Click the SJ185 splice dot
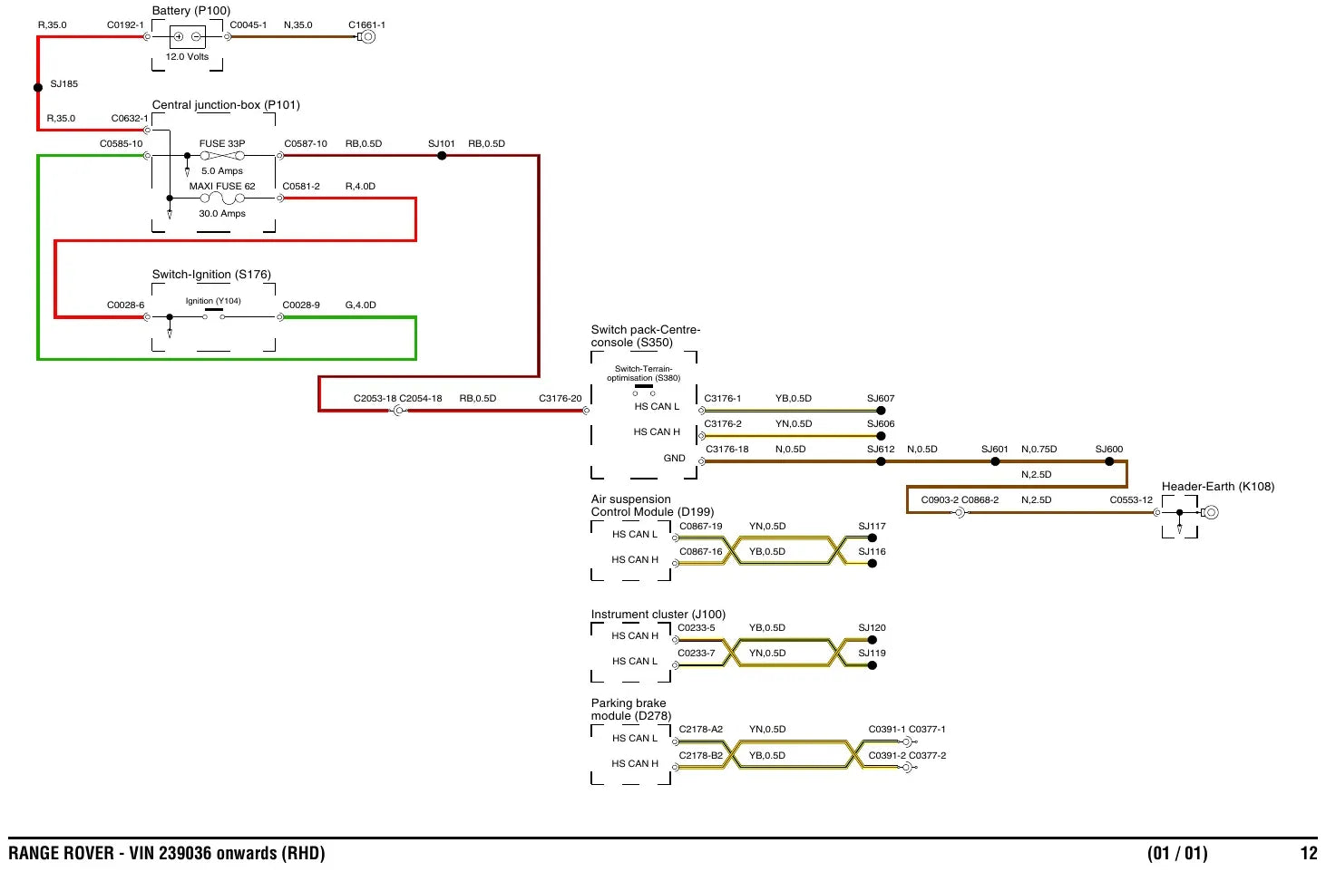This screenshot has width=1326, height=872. click(x=38, y=88)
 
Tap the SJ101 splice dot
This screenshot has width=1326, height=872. click(x=442, y=156)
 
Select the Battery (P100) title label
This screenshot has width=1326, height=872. click(x=191, y=11)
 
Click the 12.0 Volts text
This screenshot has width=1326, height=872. click(x=187, y=57)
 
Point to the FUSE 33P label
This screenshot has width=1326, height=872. click(x=222, y=144)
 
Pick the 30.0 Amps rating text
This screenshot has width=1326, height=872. click(x=222, y=214)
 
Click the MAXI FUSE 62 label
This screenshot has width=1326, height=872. click(x=222, y=187)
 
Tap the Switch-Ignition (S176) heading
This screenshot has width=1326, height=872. click(x=211, y=275)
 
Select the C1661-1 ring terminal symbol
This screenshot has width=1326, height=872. click(x=367, y=36)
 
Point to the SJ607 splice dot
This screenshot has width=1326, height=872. click(x=881, y=411)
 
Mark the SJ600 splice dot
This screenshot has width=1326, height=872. click(x=1109, y=461)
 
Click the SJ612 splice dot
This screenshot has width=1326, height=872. click(x=881, y=461)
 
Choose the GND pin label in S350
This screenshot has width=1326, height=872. click(x=674, y=459)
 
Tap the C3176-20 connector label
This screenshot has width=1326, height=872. click(x=560, y=399)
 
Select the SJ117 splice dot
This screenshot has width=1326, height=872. click(x=872, y=538)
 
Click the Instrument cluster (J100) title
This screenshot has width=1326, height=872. click(x=658, y=615)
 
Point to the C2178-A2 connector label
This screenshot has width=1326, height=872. click(x=701, y=730)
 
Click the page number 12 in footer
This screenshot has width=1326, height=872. click(x=1309, y=853)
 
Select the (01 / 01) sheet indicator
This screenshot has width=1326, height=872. click(x=1177, y=854)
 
